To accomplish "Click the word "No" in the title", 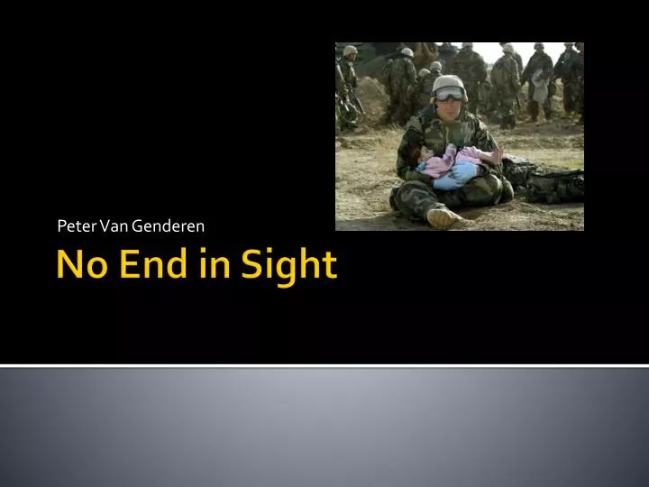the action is (x=82, y=263).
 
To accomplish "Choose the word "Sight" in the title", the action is (x=289, y=267).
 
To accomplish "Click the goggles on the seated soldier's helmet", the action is (x=449, y=94).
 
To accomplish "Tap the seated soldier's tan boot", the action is (x=443, y=218).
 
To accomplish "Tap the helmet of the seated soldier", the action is (x=449, y=87).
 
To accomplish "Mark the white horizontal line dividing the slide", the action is (x=324, y=365).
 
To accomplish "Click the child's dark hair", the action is (x=415, y=153).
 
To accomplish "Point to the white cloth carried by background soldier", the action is (x=540, y=87).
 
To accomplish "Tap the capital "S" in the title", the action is (x=251, y=263).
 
